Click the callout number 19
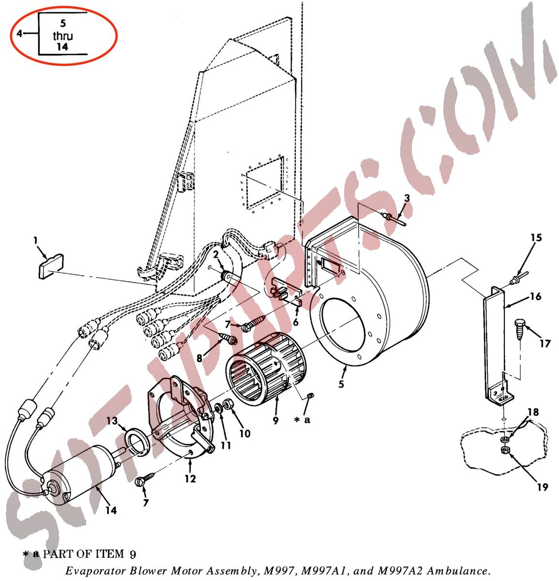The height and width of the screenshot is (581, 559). coord(543,487)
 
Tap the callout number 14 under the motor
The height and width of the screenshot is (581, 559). coord(111,510)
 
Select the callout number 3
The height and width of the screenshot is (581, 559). coord(407,198)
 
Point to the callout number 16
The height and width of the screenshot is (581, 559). coord(536,296)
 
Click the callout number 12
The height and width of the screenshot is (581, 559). coord(190,479)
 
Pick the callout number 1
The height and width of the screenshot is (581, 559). coord(36,240)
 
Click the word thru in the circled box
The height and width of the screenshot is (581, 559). coord(62,36)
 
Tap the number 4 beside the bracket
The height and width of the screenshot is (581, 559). coord(19,33)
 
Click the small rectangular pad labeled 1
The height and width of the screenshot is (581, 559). coord(51,266)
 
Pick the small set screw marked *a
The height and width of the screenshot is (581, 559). coord(311,396)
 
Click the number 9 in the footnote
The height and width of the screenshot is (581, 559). coord(133,555)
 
